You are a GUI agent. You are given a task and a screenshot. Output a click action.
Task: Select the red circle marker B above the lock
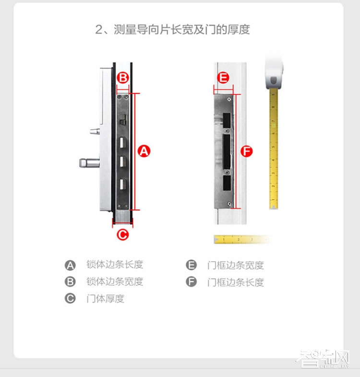click(123, 77)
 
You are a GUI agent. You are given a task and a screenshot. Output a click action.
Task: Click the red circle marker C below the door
click(123, 234)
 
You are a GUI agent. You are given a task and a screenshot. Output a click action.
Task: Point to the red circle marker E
click(223, 78)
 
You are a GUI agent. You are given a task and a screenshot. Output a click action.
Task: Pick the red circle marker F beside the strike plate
click(246, 152)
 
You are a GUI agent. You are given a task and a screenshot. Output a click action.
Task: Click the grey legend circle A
click(71, 265)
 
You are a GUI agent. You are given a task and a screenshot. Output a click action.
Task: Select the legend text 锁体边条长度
click(115, 265)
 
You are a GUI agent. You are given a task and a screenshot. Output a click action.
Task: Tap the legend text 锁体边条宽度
click(115, 282)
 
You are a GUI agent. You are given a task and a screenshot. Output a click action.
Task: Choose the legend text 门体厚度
click(105, 298)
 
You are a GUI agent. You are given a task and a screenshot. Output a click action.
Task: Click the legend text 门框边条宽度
click(235, 265)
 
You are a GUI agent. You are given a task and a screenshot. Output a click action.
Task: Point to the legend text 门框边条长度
click(235, 282)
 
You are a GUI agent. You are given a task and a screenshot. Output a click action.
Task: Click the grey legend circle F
click(192, 282)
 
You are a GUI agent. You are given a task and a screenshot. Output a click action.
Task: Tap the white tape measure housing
click(276, 72)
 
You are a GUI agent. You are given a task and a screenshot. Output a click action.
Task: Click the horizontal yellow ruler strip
click(240, 239)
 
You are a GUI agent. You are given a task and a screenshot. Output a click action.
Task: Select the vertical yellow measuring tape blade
click(273, 149)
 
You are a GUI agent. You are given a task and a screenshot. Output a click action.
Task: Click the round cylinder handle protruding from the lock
click(88, 163)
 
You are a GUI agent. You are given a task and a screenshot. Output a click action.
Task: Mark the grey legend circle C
click(71, 298)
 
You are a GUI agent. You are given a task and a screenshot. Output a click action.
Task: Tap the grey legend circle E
click(192, 265)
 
